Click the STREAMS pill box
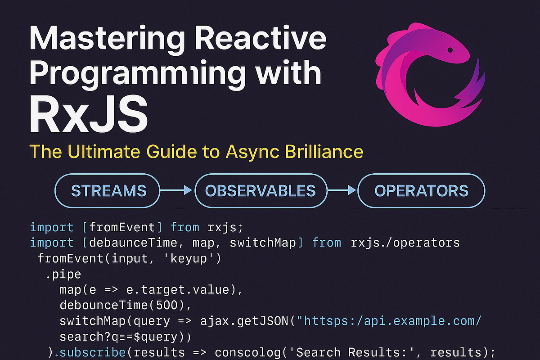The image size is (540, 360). pyautogui.click(x=109, y=190)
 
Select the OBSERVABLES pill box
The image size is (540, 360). pyautogui.click(x=260, y=190)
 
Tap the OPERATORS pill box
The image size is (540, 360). pyautogui.click(x=421, y=190)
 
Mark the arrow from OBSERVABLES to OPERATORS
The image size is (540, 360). pyautogui.click(x=342, y=191)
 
